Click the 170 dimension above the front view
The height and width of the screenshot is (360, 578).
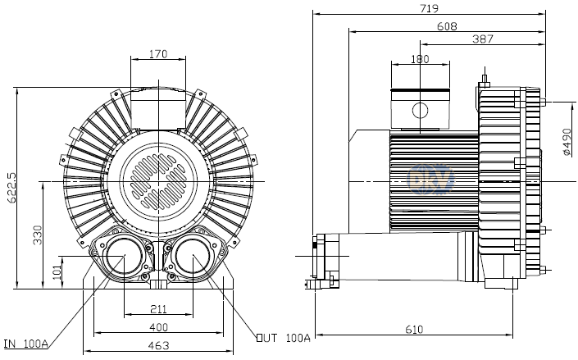point(159,54)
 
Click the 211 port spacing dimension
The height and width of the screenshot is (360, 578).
point(159,308)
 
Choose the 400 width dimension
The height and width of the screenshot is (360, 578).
point(159,326)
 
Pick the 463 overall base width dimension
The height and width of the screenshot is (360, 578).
point(159,345)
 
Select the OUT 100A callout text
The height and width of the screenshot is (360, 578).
point(283,337)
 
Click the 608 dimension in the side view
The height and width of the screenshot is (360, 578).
point(447,25)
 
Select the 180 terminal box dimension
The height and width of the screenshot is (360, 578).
point(419,59)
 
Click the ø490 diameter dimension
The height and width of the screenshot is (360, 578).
point(567,142)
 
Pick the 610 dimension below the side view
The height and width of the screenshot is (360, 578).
point(413,329)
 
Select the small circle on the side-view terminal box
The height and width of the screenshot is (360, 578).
point(420,111)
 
